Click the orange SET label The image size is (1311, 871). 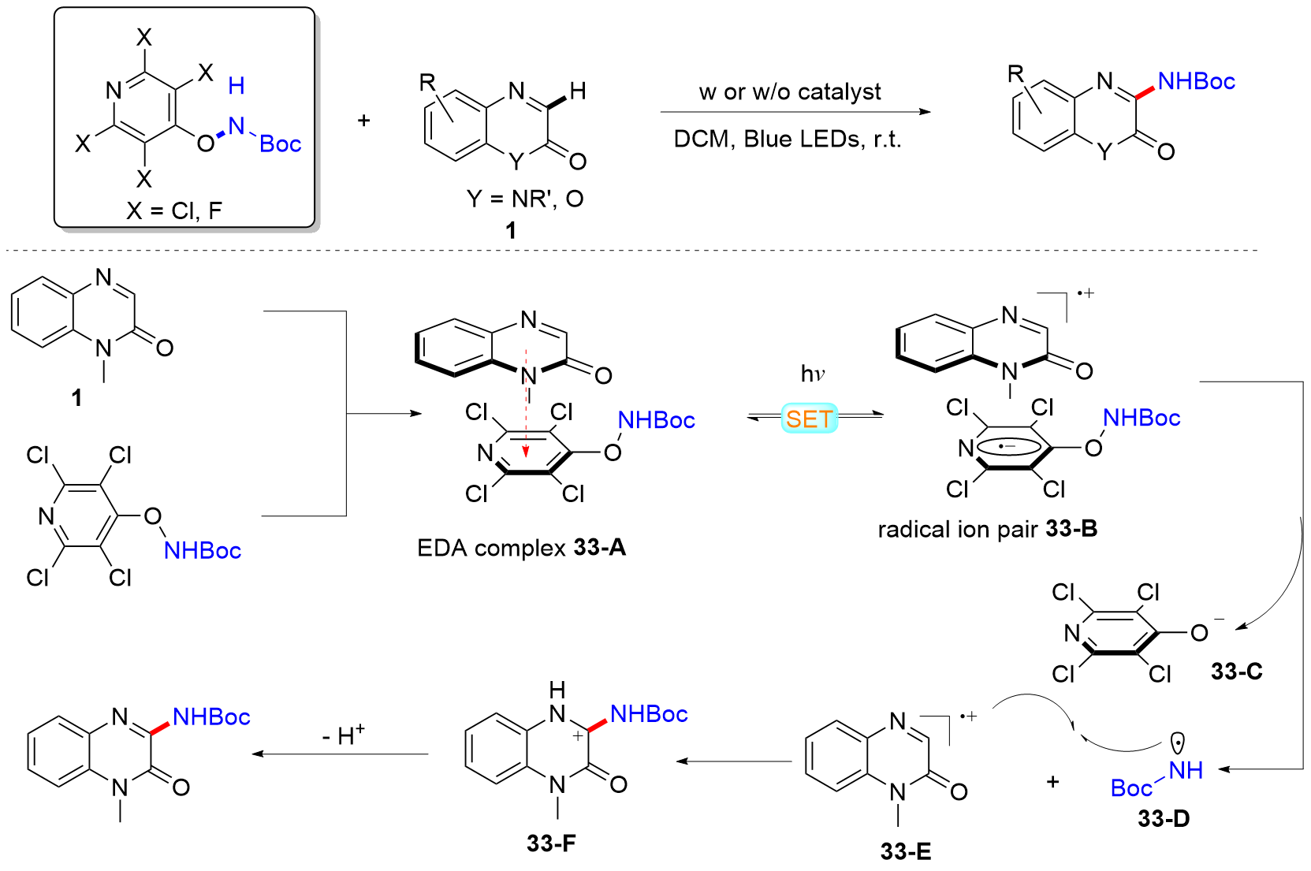click(809, 419)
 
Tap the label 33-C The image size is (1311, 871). click(1236, 672)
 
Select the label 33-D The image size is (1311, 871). click(1163, 819)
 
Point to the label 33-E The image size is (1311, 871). click(906, 851)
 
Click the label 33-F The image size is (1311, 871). click(551, 843)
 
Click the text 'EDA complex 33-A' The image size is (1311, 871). click(521, 547)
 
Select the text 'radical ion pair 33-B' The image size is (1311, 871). click(987, 529)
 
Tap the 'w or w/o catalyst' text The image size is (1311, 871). click(789, 92)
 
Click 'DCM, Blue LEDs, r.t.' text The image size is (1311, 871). click(787, 140)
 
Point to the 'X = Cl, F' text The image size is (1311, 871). click(174, 210)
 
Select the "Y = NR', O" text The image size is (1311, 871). click(524, 199)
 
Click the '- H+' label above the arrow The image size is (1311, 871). click(343, 735)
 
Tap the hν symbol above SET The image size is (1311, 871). click(812, 374)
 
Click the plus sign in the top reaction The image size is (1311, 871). click(363, 121)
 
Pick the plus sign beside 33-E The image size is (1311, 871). click(1052, 782)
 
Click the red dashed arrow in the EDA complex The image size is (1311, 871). click(526, 402)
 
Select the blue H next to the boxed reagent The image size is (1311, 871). click(236, 86)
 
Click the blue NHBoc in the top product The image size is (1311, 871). click(1196, 82)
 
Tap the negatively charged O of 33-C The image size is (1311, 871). click(1199, 633)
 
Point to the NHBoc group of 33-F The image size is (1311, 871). click(648, 715)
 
